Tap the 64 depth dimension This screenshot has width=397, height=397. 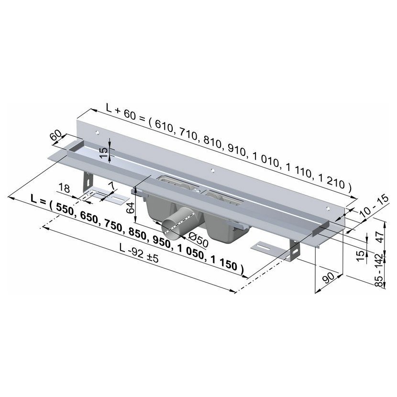point(131,208)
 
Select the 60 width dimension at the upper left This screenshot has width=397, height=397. point(56,135)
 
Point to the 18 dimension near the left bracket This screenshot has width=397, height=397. point(64,188)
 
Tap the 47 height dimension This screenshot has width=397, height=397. point(380,236)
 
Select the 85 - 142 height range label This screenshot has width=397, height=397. point(379,270)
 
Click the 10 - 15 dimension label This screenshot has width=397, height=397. point(374,205)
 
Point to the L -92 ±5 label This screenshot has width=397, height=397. point(139,254)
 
